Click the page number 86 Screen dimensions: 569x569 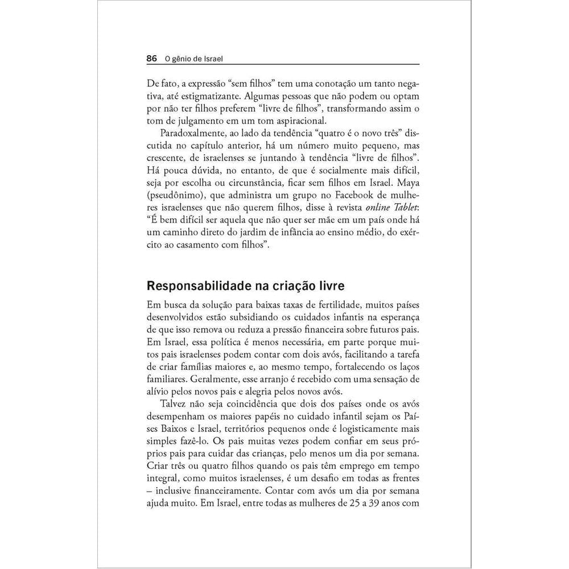pyautogui.click(x=151, y=58)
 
